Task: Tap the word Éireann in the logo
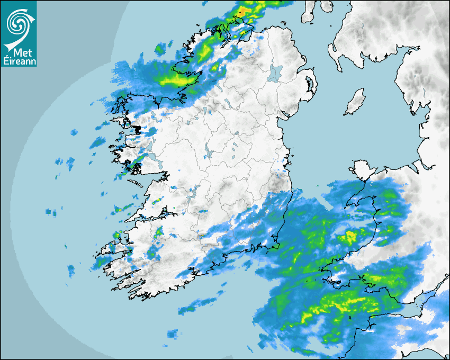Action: (19, 61)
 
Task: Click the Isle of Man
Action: (355, 103)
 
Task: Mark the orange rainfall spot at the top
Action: (242, 11)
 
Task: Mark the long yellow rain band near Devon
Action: (339, 307)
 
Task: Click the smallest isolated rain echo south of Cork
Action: (173, 334)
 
